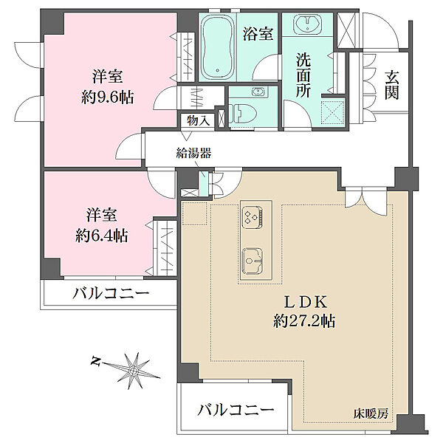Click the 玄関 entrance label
point(391,83)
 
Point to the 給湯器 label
point(194,154)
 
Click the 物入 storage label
point(198,120)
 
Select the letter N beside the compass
point(95,361)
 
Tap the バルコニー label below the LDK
point(236,410)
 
